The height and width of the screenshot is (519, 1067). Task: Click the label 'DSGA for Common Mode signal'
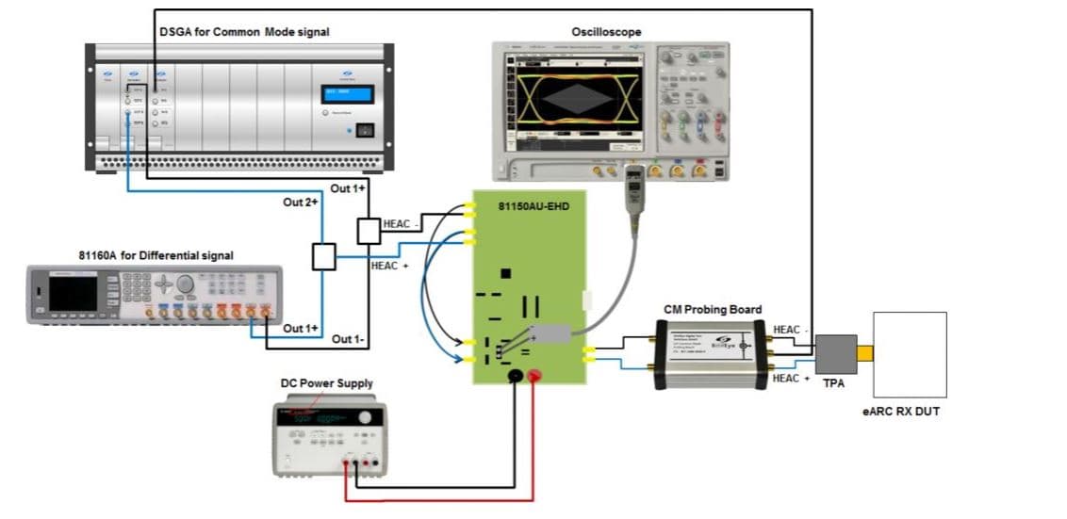[243, 32]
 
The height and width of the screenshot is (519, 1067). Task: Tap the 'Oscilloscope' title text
[606, 32]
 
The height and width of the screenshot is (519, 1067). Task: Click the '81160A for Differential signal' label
[156, 255]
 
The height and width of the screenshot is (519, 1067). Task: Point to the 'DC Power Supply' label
[326, 383]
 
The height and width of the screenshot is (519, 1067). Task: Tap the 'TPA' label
[833, 384]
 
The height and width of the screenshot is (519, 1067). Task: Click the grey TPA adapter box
[835, 354]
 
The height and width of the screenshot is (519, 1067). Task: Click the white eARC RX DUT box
[910, 355]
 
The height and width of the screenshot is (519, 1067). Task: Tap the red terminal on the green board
[533, 377]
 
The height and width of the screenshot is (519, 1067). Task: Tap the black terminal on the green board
[516, 377]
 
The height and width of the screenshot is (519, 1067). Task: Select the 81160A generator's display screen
[73, 293]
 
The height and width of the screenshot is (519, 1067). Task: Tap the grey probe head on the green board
[550, 332]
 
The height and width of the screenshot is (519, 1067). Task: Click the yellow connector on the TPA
[865, 354]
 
